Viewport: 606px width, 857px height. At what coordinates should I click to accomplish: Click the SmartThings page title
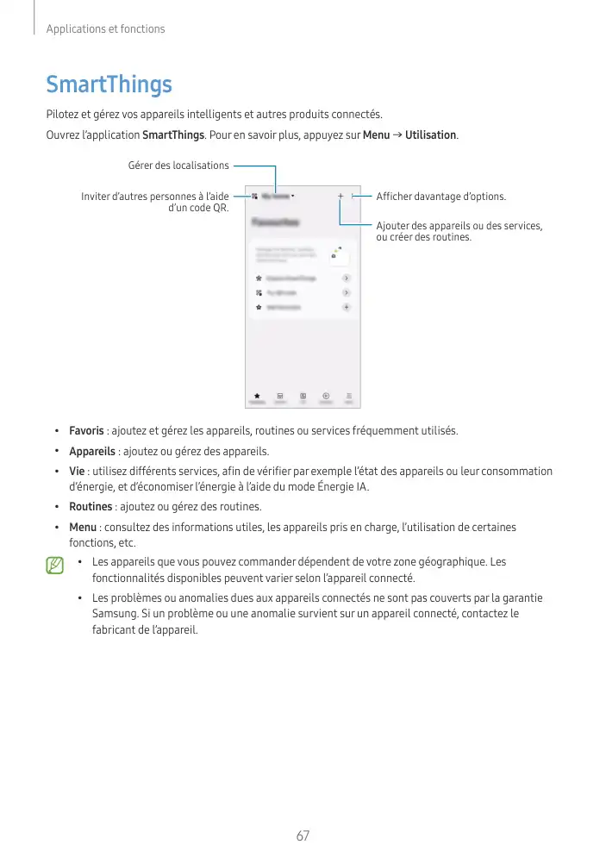click(109, 84)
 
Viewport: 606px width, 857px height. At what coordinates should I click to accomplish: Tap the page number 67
click(303, 835)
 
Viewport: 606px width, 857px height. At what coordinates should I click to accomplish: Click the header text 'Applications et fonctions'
click(105, 29)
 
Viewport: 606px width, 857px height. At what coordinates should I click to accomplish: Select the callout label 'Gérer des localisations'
click(178, 166)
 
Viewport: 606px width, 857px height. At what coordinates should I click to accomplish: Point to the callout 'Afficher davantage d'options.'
click(440, 197)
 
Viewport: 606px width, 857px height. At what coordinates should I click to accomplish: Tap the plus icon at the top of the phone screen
click(340, 197)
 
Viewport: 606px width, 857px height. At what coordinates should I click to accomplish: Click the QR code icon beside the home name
click(256, 197)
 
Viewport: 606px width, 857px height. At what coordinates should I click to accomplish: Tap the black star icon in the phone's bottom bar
click(257, 395)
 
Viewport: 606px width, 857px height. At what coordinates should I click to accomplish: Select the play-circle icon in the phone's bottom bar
click(326, 395)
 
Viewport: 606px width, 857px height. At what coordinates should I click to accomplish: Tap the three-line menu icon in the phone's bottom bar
click(349, 395)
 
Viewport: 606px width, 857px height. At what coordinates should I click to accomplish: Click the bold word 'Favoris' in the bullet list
click(86, 430)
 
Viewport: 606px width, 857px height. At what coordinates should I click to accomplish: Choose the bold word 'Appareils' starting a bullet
click(92, 451)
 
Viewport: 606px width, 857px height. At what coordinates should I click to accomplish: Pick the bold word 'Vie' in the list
click(76, 472)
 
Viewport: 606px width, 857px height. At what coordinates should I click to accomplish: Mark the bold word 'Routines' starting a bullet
click(91, 506)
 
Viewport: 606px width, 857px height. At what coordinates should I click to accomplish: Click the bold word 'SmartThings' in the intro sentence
click(172, 135)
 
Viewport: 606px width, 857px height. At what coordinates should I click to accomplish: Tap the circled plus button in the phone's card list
click(346, 306)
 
